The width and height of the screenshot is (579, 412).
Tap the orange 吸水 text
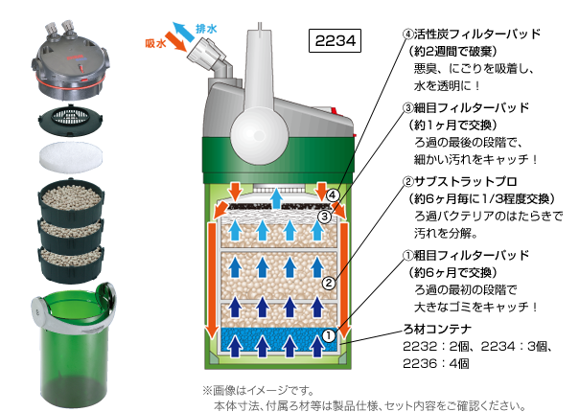tap(155, 43)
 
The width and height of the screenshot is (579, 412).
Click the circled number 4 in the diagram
tap(331, 195)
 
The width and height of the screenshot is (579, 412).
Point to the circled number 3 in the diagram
tap(325, 217)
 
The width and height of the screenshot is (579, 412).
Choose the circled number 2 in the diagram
tap(328, 283)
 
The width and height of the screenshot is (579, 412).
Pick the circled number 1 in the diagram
tap(328, 336)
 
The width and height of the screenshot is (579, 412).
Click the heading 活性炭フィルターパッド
tap(471, 34)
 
